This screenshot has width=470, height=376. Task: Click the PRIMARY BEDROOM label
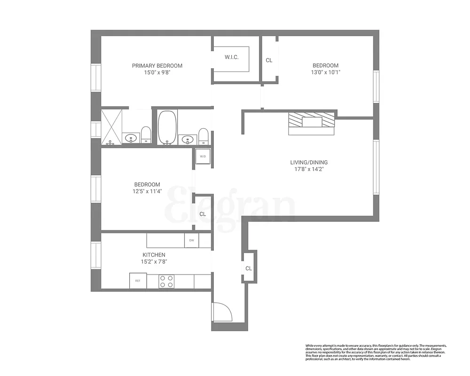pos(157,66)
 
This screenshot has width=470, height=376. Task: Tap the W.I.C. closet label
pos(231,57)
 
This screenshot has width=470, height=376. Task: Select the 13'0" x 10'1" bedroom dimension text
pos(326,72)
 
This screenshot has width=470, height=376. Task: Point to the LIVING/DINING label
pos(309,163)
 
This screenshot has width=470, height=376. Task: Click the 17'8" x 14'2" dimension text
pos(309,169)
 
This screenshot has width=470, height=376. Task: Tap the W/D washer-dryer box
pos(203,157)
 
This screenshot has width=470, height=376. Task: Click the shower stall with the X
pos(111,125)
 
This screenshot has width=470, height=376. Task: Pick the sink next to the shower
pos(131,138)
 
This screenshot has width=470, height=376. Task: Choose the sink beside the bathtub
pos(188,139)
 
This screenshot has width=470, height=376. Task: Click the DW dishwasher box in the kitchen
pos(192,241)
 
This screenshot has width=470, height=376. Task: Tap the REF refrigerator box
pos(138,281)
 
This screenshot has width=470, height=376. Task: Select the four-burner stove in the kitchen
pos(166,281)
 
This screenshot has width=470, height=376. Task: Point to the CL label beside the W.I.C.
pos(269,60)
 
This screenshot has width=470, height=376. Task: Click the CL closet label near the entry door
pos(249,268)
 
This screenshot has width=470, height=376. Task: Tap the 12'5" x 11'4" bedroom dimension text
pos(147,191)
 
